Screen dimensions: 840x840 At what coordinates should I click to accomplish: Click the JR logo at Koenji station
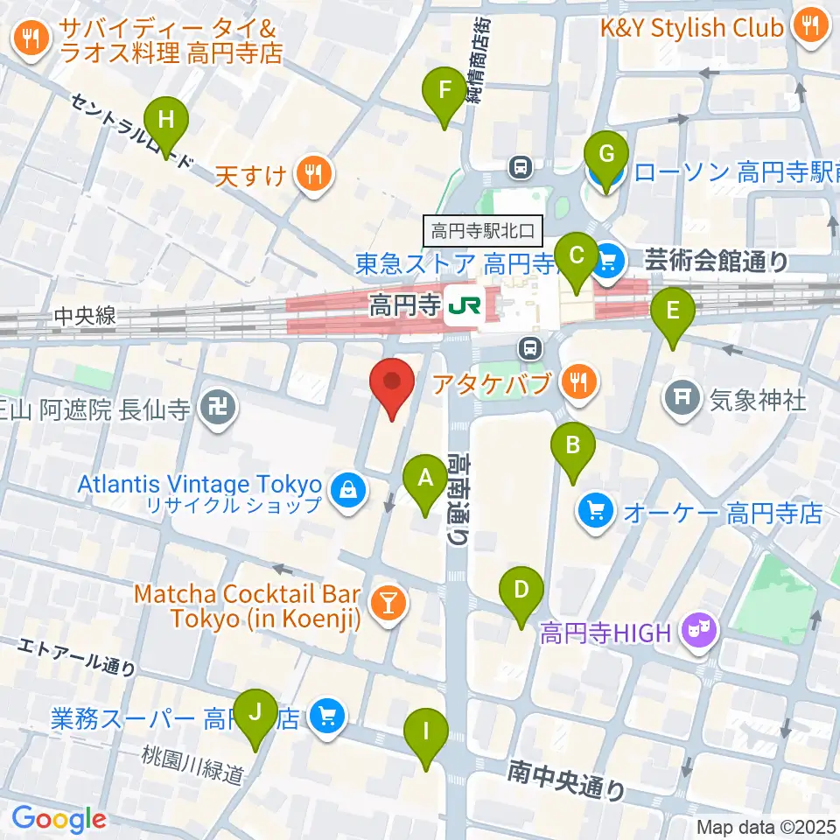pyautogui.click(x=462, y=306)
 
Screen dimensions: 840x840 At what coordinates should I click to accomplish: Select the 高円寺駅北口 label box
pyautogui.click(x=484, y=231)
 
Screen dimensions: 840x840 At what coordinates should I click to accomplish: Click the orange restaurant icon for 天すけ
pyautogui.click(x=313, y=175)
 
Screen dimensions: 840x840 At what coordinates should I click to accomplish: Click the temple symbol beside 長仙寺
pyautogui.click(x=215, y=408)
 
